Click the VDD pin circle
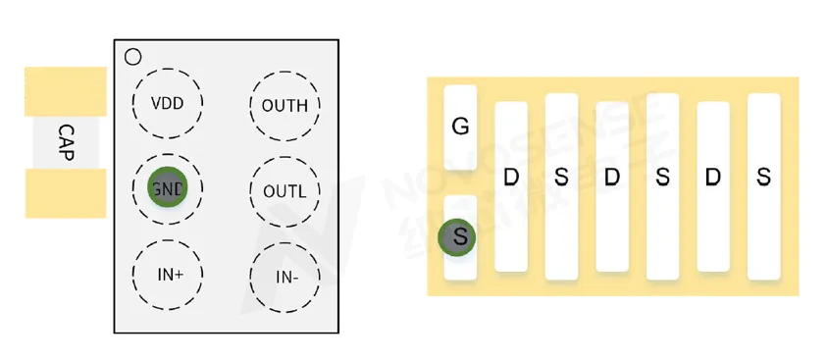point(168,104)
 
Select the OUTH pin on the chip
point(284,105)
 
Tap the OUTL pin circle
point(284,190)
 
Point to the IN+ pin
point(168,275)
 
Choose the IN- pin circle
point(285,277)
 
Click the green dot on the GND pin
point(167,189)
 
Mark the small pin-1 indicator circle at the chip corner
point(132,57)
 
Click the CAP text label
point(66,142)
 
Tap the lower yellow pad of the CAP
point(65,192)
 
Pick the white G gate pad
point(460,127)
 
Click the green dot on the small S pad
point(458,236)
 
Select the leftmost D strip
point(510,186)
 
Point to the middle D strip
point(612,186)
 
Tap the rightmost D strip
point(713,186)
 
